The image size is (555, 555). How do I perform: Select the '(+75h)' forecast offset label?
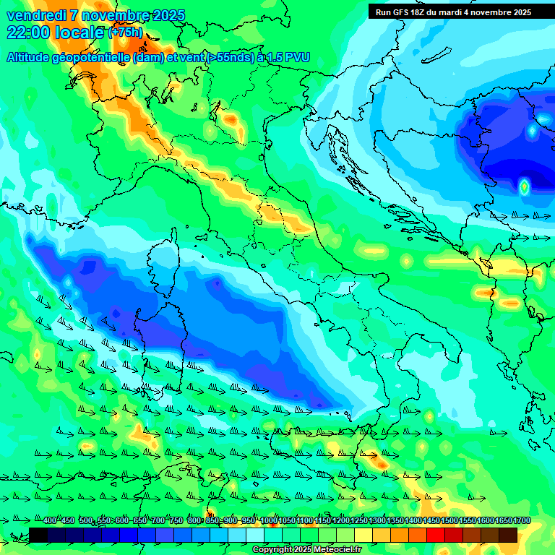tap(125, 33)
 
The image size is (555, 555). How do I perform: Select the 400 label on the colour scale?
tap(50, 521)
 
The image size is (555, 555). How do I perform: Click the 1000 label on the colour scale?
tap(268, 521)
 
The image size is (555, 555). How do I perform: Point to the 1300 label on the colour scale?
tap(377, 521)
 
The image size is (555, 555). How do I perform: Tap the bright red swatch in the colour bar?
tap(436, 535)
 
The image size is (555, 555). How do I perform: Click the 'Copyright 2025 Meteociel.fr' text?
tap(306, 549)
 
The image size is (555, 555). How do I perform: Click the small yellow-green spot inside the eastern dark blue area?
tap(524, 186)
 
